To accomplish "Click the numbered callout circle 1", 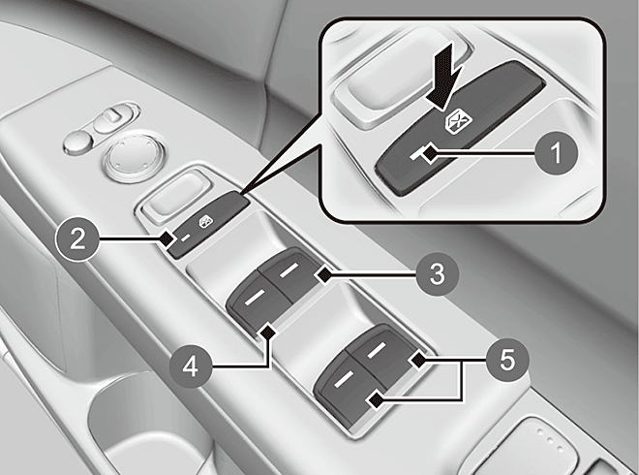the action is (x=557, y=154).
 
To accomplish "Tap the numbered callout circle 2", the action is (x=77, y=238).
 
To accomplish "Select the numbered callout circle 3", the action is (x=438, y=273).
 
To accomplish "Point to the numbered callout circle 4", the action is (x=191, y=367).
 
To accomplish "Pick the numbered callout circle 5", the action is (x=507, y=361).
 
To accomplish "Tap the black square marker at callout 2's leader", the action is (x=166, y=238).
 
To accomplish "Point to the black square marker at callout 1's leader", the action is (x=429, y=154).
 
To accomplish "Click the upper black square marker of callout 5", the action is (x=417, y=361).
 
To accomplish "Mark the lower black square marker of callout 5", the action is (x=376, y=400).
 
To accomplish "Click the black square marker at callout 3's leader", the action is (x=324, y=275).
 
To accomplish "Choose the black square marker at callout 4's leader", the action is (x=268, y=332).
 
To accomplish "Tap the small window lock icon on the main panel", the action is (x=205, y=222).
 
